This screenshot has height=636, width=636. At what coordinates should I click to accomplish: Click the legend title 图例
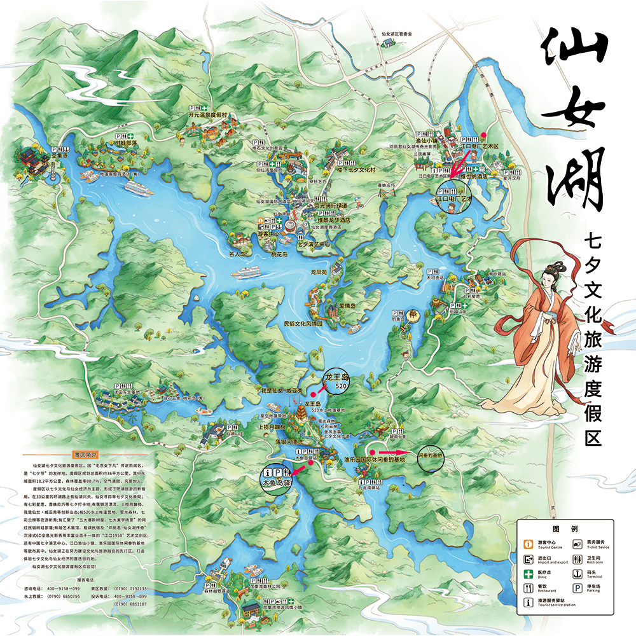point(565,529)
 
